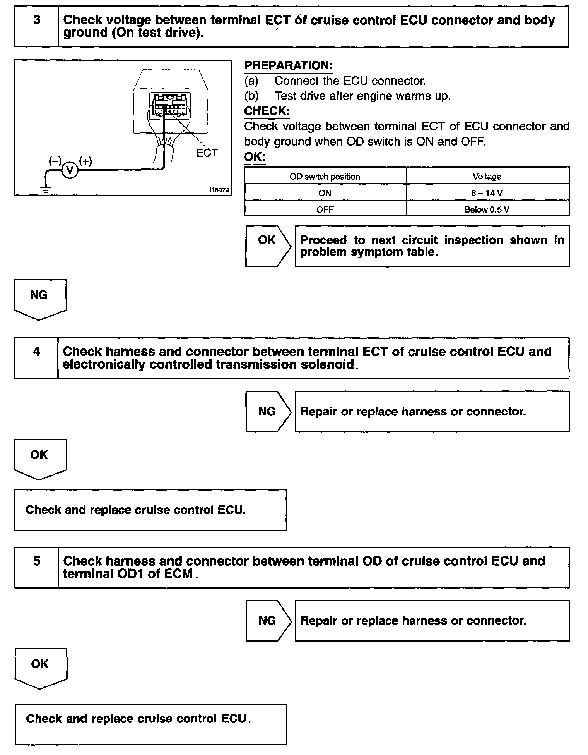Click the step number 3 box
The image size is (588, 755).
tap(36, 26)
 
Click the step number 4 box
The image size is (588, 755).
tap(36, 358)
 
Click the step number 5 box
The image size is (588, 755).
tap(36, 567)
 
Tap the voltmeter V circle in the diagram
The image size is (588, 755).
tap(70, 170)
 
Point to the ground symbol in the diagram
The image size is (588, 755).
tap(46, 189)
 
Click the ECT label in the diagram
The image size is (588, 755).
tap(207, 153)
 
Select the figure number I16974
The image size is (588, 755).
tap(219, 190)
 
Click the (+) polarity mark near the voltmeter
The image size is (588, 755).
tap(85, 161)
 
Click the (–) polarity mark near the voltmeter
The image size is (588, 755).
tap(55, 161)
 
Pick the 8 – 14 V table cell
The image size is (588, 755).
tap(487, 193)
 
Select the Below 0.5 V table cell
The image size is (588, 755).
tap(487, 209)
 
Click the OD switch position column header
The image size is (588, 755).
tap(325, 177)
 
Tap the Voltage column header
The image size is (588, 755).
tap(487, 177)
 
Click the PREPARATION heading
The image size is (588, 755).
tap(288, 65)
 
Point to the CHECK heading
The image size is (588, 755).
tap(267, 111)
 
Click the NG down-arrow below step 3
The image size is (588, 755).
tap(39, 299)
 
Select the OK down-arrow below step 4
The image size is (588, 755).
tap(39, 458)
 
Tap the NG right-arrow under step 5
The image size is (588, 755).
tap(268, 621)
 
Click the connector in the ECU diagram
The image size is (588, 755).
tap(171, 105)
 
